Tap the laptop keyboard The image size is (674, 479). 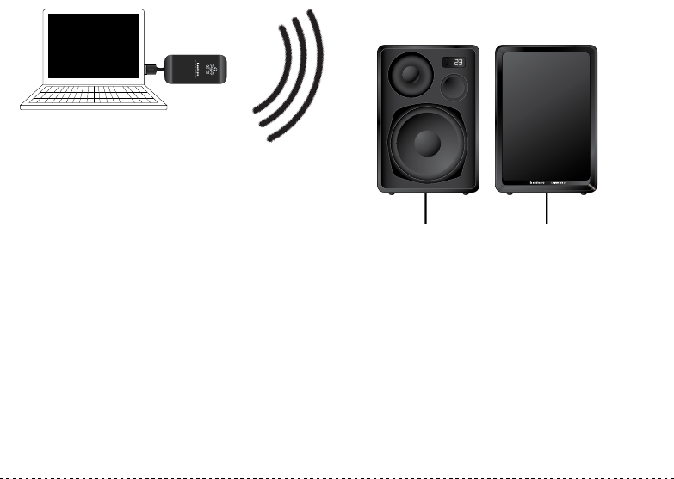90,95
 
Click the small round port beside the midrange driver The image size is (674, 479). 454,88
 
